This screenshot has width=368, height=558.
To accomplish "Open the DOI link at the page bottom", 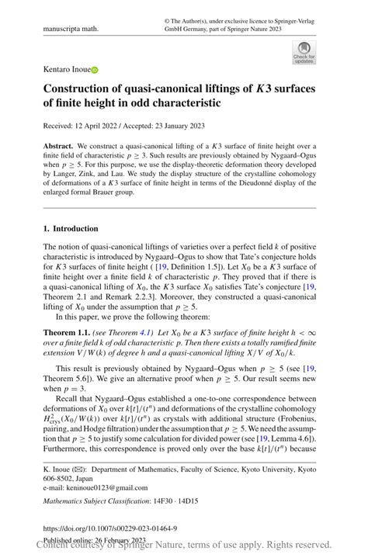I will pos(109,528).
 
